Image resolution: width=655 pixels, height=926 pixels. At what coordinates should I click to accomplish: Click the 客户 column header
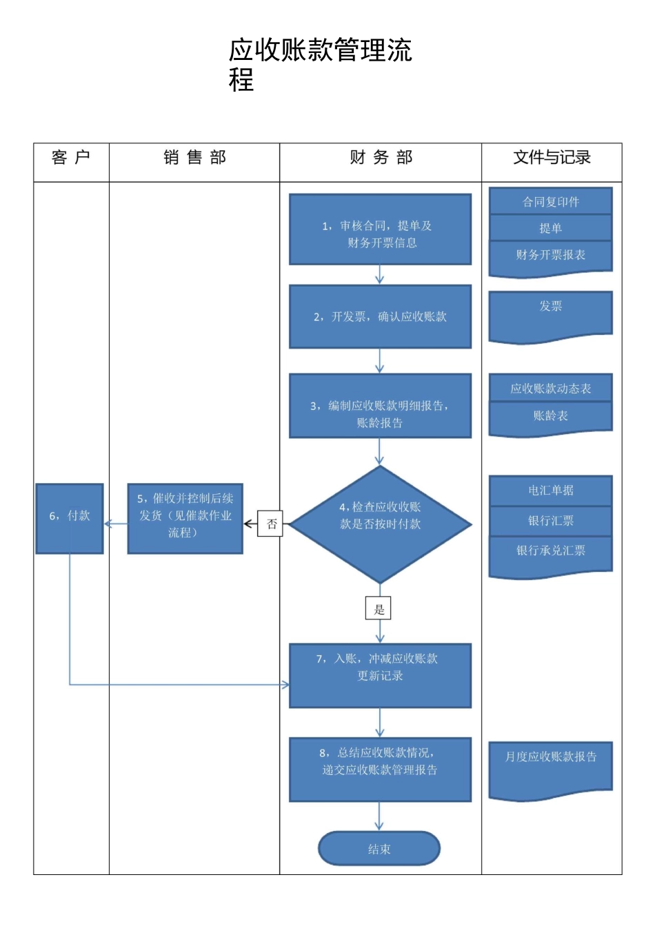coord(71,158)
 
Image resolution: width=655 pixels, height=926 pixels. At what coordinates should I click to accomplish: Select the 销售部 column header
coord(194,158)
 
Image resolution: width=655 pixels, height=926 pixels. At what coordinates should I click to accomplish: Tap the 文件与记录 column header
coord(552,158)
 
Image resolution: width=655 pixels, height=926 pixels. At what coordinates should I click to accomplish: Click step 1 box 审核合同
coord(380,229)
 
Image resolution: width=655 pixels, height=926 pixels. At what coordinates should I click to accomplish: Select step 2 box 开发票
coord(380,316)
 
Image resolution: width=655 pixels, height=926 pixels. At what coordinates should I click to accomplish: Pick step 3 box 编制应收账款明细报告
coord(380,406)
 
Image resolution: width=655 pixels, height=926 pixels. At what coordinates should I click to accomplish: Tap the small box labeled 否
coord(271,524)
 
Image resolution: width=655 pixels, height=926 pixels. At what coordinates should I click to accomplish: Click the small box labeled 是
coord(379,609)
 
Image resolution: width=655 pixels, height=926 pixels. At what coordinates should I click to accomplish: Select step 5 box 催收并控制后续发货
coord(185,519)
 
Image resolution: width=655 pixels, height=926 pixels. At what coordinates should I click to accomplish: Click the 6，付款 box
coord(70,519)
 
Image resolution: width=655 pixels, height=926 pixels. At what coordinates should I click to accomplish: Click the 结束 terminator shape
coord(379,849)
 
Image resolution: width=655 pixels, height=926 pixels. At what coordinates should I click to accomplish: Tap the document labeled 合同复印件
coord(551,201)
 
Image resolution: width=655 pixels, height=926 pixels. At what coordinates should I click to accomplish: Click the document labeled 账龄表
coord(551,416)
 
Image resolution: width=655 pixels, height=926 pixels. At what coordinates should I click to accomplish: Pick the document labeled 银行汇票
coord(551,521)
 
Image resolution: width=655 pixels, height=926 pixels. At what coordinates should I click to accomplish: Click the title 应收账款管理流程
coord(321,64)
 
